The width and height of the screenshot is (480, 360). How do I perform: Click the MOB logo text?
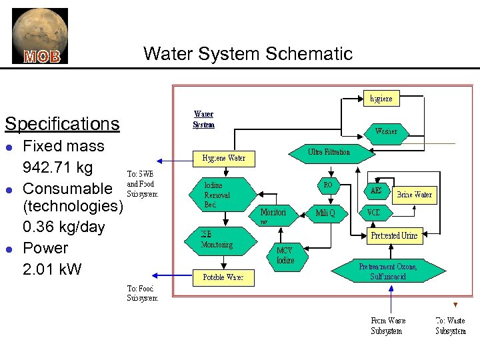click(x=42, y=57)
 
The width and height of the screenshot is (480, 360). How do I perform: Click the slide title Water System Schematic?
click(x=247, y=53)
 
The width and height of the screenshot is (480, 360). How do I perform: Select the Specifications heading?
click(x=62, y=124)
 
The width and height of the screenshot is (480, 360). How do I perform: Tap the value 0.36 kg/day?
click(x=64, y=227)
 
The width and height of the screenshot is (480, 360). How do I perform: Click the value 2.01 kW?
click(x=52, y=269)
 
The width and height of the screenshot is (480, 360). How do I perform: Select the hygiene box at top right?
click(x=381, y=98)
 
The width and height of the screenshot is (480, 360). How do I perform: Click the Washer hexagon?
click(x=386, y=131)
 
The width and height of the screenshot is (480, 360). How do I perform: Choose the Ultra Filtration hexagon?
click(x=329, y=153)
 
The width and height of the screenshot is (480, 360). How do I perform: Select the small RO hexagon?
click(x=328, y=185)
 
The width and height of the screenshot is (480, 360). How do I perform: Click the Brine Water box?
click(x=414, y=195)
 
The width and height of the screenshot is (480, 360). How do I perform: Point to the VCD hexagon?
click(x=374, y=213)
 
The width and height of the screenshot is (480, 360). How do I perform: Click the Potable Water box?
click(x=223, y=277)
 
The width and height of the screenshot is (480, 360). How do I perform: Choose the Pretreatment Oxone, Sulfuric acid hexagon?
click(x=388, y=272)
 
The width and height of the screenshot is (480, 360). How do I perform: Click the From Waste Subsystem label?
click(x=388, y=326)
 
